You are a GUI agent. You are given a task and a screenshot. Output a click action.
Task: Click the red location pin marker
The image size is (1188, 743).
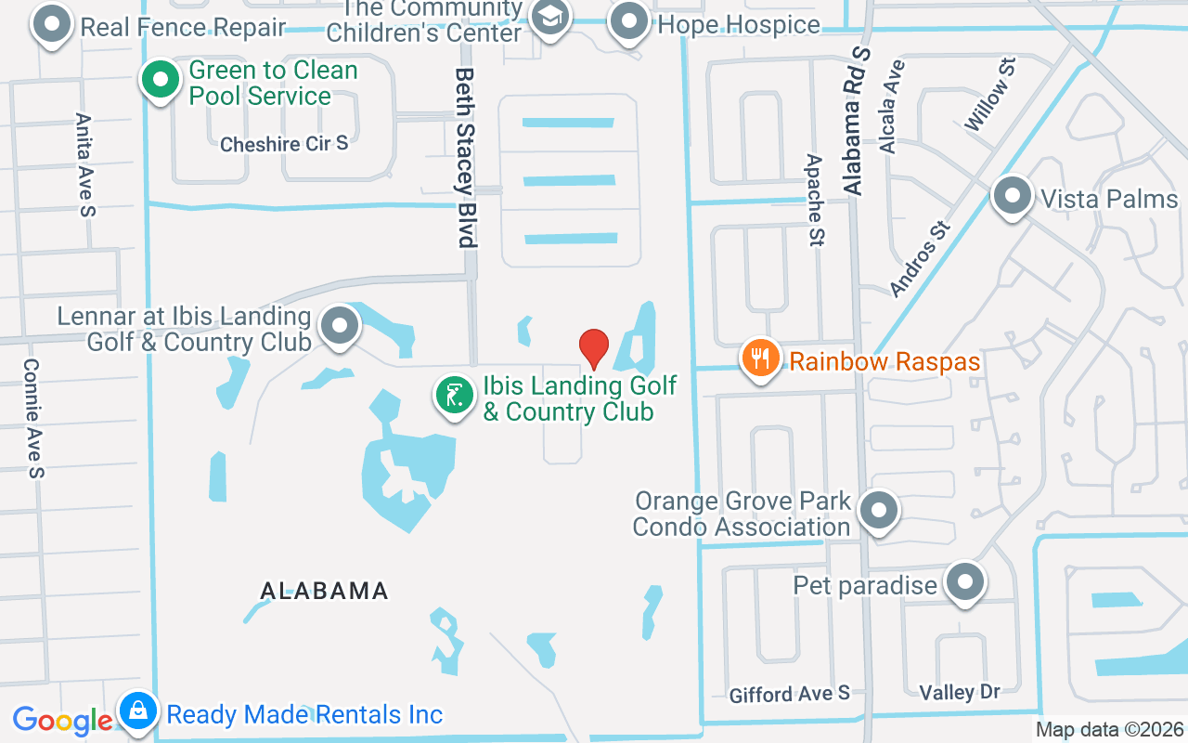594,348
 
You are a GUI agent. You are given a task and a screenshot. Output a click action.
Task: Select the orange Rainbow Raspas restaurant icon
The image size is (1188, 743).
761,358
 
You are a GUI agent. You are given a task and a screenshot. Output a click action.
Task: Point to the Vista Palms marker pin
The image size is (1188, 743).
1012,197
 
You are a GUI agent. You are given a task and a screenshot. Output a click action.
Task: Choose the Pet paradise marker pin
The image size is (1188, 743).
965,583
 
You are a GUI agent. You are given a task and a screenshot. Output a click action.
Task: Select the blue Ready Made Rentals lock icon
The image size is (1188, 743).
137,712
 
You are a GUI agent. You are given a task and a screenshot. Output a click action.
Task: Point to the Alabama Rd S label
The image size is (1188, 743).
857,121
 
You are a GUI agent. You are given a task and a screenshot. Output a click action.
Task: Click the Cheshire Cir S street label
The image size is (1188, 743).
284,144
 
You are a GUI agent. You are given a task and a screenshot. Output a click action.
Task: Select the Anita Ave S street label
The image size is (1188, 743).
85,165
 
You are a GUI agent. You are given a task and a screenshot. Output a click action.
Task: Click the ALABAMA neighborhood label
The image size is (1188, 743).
324,591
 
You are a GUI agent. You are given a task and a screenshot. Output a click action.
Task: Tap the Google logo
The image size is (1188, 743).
62,720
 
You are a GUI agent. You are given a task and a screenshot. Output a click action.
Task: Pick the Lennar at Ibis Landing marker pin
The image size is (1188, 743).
340,327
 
